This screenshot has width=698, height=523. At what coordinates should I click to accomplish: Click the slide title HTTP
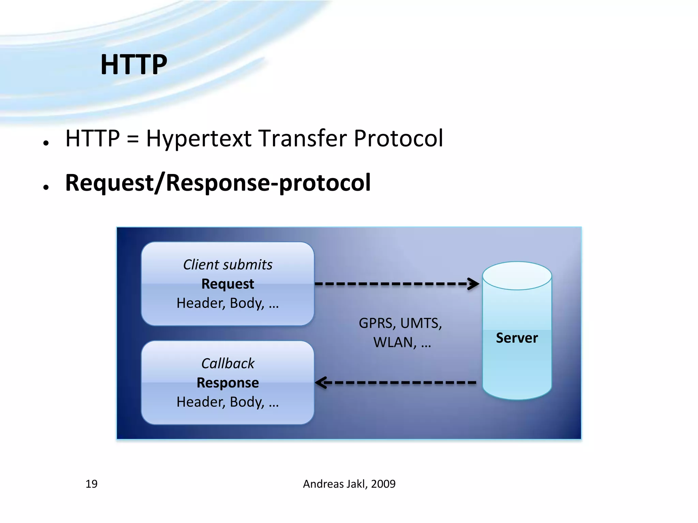(x=134, y=64)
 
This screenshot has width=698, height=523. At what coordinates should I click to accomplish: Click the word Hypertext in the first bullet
(x=199, y=139)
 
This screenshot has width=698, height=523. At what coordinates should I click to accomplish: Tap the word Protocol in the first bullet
(x=398, y=138)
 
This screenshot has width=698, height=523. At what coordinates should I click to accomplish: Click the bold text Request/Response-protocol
(x=218, y=183)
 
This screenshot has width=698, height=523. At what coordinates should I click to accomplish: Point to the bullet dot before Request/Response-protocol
(x=46, y=187)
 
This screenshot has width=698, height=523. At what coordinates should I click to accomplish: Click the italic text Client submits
(x=228, y=265)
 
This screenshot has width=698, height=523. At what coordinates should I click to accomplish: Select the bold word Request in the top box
(x=228, y=284)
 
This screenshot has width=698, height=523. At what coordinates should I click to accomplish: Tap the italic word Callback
(x=228, y=363)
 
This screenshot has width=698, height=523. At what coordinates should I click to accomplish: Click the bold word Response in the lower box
(x=228, y=383)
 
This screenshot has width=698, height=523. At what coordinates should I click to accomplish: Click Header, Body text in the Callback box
(x=228, y=402)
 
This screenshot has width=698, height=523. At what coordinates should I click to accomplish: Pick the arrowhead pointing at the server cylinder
(x=474, y=284)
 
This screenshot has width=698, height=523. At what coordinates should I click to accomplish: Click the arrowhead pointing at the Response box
(x=321, y=382)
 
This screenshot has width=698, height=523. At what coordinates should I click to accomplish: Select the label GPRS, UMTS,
(x=400, y=323)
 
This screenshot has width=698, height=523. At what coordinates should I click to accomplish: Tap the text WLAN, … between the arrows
(x=402, y=343)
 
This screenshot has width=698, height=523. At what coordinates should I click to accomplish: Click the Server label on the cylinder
(x=517, y=338)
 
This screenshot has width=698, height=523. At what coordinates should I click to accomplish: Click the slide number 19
(x=91, y=484)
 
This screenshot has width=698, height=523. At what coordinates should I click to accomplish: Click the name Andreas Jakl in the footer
(x=335, y=484)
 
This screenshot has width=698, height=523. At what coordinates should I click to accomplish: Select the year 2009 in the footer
(x=383, y=484)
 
